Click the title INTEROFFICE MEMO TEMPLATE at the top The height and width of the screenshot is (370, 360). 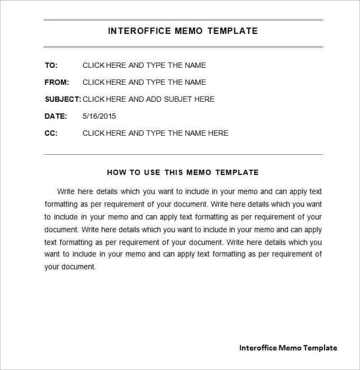coord(183,31)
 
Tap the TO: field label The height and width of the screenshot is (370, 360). coord(51,65)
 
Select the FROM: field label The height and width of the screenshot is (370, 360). coord(57,82)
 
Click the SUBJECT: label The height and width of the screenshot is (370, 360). coord(62,99)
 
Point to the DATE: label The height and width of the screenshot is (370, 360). coord(56,116)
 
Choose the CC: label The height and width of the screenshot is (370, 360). coord(51,133)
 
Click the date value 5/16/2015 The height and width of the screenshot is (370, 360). coord(99,116)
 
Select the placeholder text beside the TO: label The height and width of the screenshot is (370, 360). coord(144,65)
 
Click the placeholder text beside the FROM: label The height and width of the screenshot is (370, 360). coord(144,82)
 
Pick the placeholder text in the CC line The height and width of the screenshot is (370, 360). coord(155,133)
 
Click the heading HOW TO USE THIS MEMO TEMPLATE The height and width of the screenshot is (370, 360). coord(183,172)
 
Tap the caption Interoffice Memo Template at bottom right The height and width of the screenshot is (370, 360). coord(288,348)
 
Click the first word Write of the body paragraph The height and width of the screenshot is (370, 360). coord(66,191)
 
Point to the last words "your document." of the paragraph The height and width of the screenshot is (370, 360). coord(70,267)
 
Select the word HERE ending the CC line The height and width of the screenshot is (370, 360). coord(218,133)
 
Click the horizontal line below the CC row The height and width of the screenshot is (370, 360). coord(183,154)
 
